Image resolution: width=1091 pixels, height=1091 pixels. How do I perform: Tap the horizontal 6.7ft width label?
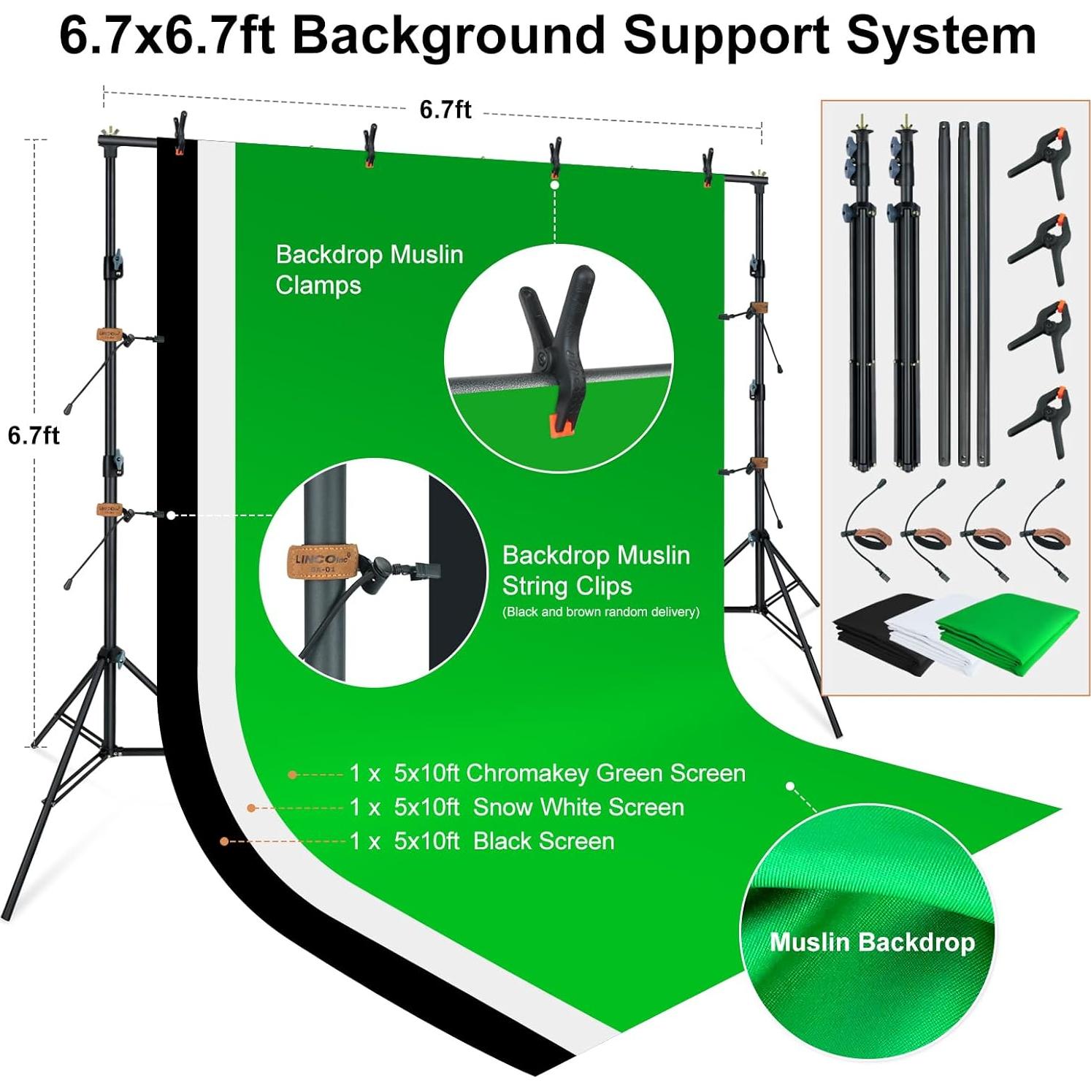(x=445, y=110)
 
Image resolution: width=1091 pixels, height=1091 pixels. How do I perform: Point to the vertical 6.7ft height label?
(x=34, y=435)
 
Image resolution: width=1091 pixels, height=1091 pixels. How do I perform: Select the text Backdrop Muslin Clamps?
(x=369, y=269)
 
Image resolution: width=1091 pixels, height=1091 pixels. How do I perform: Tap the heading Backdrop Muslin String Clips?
(x=595, y=570)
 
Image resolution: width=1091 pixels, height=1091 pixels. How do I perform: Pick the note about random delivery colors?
(x=600, y=612)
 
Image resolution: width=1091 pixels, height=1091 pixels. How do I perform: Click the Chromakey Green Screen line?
(x=547, y=773)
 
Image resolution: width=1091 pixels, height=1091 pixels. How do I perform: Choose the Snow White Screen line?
(x=516, y=807)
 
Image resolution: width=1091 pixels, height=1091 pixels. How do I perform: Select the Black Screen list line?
(x=481, y=841)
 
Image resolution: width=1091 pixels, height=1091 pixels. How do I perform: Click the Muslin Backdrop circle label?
(x=872, y=942)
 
